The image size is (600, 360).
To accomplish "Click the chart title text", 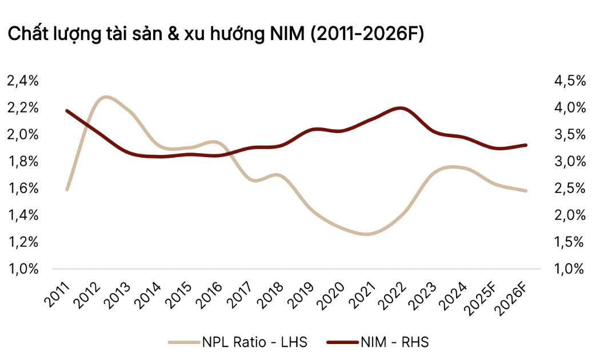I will pyautogui.click(x=215, y=34).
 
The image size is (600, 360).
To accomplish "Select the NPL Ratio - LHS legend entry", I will pyautogui.click(x=238, y=342).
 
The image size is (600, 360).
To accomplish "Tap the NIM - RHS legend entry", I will pyautogui.click(x=377, y=342).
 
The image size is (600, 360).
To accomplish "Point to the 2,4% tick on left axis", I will pyautogui.click(x=23, y=81).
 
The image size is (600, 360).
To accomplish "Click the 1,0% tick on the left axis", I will pyautogui.click(x=23, y=269).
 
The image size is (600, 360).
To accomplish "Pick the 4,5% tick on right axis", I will pyautogui.click(x=570, y=81).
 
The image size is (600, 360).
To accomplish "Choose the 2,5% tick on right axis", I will pyautogui.click(x=570, y=189).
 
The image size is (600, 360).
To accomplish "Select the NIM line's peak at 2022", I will pyautogui.click(x=400, y=108).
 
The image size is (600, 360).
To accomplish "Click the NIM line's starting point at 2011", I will pyautogui.click(x=67, y=111).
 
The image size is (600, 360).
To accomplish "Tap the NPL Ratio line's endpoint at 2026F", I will pyautogui.click(x=526, y=191).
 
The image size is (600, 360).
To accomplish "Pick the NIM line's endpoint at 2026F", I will pyautogui.click(x=526, y=145).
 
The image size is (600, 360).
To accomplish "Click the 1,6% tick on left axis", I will pyautogui.click(x=23, y=189).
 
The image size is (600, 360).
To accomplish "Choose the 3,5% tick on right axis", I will pyautogui.click(x=570, y=135).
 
